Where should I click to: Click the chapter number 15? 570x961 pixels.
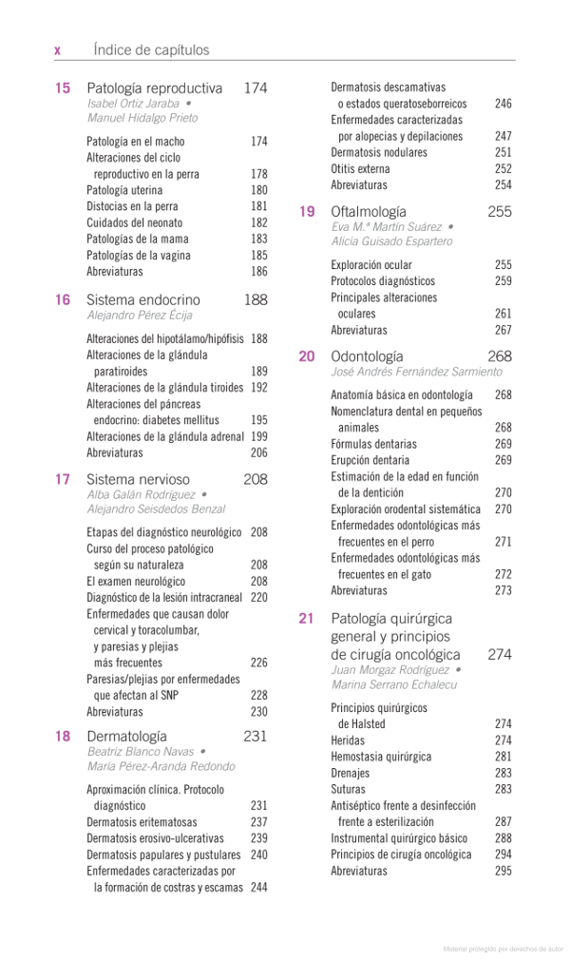click(63, 88)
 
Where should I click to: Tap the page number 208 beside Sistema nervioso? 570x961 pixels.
click(255, 479)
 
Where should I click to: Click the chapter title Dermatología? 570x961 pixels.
click(126, 736)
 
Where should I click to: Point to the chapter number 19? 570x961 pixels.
click(307, 212)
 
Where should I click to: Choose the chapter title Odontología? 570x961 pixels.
click(367, 356)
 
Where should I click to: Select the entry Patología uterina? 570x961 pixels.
click(124, 190)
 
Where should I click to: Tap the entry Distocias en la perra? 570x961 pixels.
click(132, 206)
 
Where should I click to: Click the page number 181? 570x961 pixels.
click(259, 206)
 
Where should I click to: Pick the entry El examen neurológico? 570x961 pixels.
click(136, 581)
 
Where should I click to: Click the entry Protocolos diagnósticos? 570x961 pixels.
click(383, 281)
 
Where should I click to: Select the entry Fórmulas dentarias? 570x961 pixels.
click(373, 444)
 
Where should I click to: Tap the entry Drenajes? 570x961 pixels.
click(351, 773)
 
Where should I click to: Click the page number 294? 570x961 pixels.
click(503, 855)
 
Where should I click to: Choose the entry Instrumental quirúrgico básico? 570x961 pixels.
click(399, 838)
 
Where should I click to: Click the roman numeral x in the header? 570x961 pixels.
click(58, 50)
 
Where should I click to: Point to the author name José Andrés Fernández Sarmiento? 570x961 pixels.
click(416, 372)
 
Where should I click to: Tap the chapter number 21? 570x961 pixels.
click(306, 618)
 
